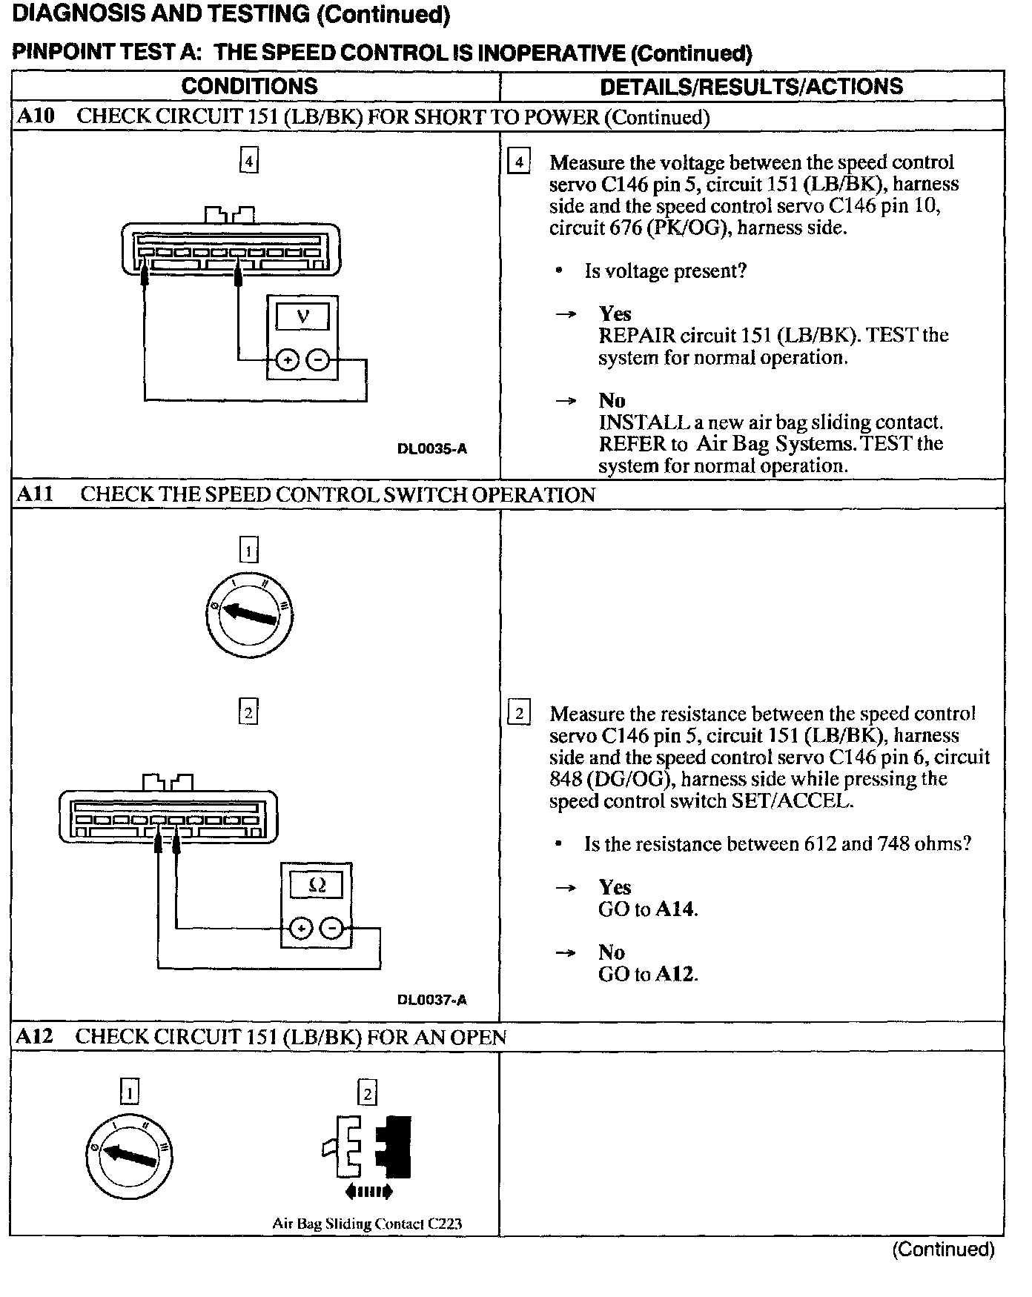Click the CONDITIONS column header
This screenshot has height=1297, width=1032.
pyautogui.click(x=249, y=86)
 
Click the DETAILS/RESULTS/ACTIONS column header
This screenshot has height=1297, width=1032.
pyautogui.click(x=751, y=86)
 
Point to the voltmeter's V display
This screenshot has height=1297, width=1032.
pyautogui.click(x=302, y=317)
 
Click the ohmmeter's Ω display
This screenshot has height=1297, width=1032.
pyautogui.click(x=317, y=885)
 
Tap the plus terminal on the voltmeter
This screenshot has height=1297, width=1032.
pyautogui.click(x=287, y=361)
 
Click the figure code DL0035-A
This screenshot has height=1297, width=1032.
pyautogui.click(x=432, y=448)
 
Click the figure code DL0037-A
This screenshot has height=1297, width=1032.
pyautogui.click(x=432, y=1000)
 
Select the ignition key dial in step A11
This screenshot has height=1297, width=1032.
pyautogui.click(x=249, y=615)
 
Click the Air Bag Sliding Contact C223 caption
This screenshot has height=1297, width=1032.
pyautogui.click(x=367, y=1224)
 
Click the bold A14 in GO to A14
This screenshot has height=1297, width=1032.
pyautogui.click(x=677, y=909)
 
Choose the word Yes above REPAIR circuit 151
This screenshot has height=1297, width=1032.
pyautogui.click(x=615, y=314)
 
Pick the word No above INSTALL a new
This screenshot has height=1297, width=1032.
pyautogui.click(x=612, y=400)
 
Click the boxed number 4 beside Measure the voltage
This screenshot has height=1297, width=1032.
pyautogui.click(x=518, y=162)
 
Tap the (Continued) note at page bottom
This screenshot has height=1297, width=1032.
pyautogui.click(x=942, y=1250)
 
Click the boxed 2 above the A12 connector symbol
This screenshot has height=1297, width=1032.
pyautogui.click(x=367, y=1092)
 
